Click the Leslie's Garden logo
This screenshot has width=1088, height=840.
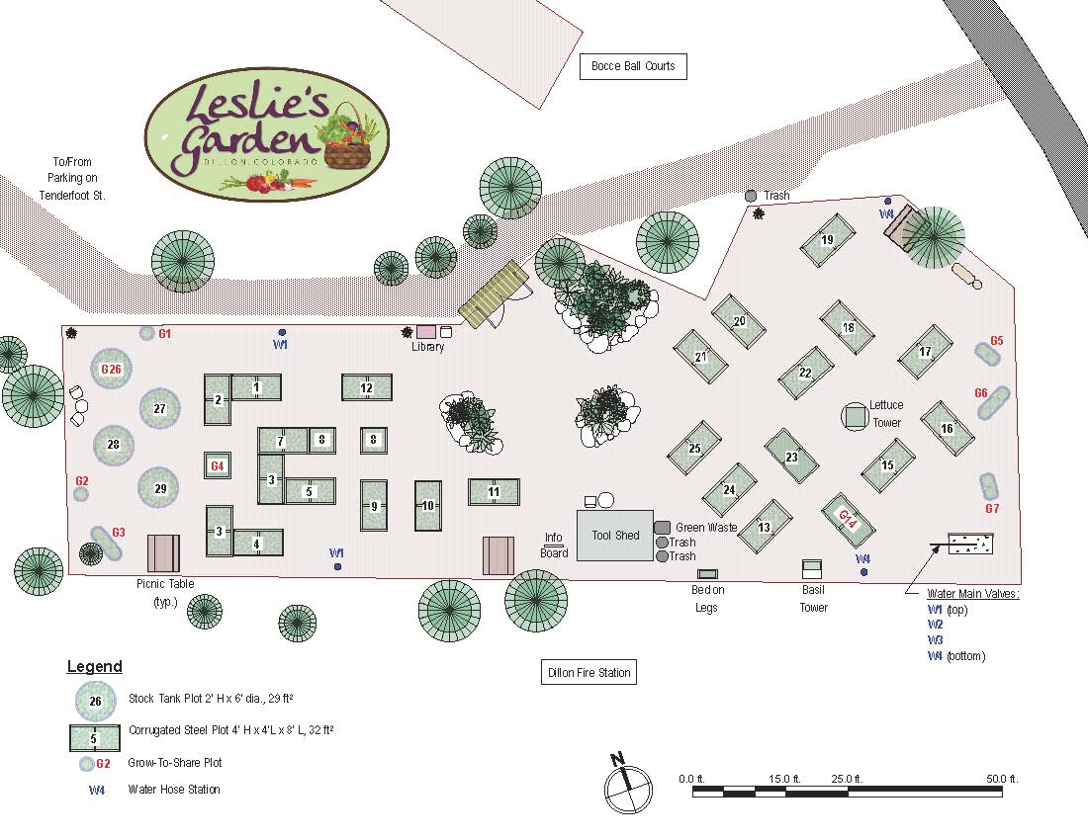267,134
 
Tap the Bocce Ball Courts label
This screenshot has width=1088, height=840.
633,66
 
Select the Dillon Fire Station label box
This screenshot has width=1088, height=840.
589,673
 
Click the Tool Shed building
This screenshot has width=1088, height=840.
615,536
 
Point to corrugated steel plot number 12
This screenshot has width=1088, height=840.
366,387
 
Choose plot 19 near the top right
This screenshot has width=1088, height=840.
827,240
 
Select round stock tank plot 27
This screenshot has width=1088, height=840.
160,408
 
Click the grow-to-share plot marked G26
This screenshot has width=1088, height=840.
112,369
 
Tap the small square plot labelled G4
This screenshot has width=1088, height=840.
218,464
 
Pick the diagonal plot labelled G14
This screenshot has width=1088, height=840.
847,518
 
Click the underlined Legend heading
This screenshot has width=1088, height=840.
95,667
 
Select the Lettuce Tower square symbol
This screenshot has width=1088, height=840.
855,416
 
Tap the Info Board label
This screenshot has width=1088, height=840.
554,546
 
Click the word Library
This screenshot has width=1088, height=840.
428,347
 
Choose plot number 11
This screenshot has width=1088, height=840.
494,491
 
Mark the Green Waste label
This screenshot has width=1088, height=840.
706,528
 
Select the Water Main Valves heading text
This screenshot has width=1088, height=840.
972,594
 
